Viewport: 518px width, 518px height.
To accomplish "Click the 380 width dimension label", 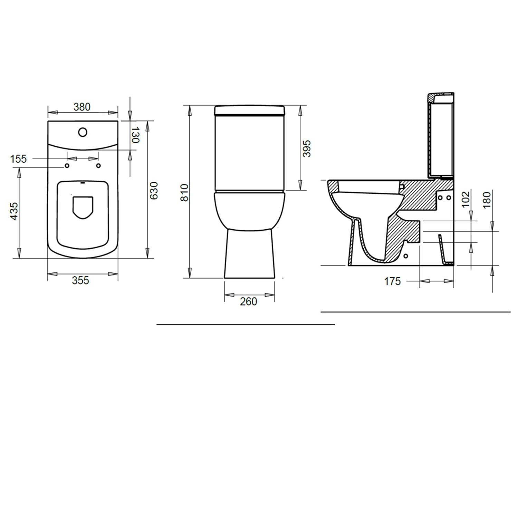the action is click(82, 107).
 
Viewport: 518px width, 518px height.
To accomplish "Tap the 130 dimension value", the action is click(135, 135).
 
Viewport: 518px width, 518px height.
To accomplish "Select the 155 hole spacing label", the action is click(18, 159).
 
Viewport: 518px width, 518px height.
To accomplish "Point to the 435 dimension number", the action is click(14, 211).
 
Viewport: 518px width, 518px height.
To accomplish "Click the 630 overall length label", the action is click(154, 190).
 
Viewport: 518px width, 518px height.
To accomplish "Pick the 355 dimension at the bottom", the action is click(80, 280).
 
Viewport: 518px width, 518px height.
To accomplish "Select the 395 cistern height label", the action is click(307, 148).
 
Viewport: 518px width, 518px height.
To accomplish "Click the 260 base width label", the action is click(249, 301).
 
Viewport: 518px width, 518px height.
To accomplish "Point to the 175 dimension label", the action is click(393, 281).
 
